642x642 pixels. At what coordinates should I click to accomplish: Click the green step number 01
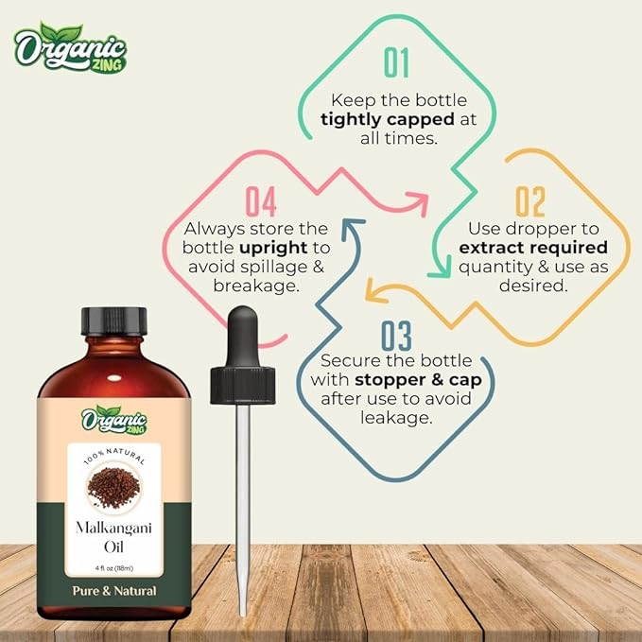pos(397,63)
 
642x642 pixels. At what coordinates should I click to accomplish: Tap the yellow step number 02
pos(530,202)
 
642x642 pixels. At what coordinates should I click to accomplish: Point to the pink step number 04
pos(260,202)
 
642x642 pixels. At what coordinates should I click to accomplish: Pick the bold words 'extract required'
pos(532,248)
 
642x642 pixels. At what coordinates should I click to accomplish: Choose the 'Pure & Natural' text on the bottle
pos(113,591)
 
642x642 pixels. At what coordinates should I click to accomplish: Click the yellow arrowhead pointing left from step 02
pos(372,294)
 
